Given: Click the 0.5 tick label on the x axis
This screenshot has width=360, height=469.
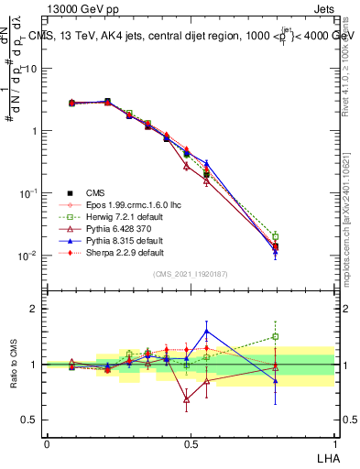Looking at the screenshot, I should click(x=191, y=442).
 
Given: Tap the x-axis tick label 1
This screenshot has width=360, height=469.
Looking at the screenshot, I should click(x=333, y=442).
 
